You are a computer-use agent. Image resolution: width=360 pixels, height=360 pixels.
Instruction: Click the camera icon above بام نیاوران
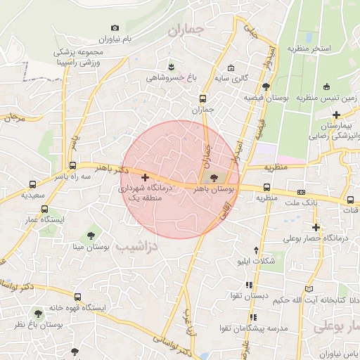click(115, 27)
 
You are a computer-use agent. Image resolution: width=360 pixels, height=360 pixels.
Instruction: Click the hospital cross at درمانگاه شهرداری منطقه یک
click(146, 178)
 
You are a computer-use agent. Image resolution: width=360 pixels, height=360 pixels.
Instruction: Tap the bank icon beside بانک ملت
click(301, 192)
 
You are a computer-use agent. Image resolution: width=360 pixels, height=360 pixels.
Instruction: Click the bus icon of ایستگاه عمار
click(45, 209)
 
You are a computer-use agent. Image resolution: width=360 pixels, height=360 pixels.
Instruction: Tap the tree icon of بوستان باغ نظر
click(38, 314)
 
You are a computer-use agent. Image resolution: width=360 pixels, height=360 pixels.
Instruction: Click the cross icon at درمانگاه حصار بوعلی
click(316, 227)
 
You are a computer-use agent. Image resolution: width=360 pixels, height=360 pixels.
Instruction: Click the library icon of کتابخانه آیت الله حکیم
click(310, 289)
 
